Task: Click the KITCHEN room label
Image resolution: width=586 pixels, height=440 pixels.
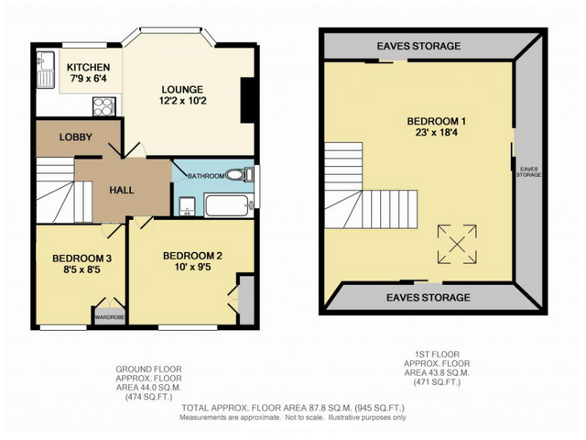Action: pyautogui.click(x=89, y=68)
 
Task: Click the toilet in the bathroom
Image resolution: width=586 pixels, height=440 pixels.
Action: pyautogui.click(x=235, y=174)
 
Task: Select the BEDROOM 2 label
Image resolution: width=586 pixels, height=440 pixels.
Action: pyautogui.click(x=192, y=256)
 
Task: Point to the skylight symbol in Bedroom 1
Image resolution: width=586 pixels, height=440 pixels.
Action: pyautogui.click(x=455, y=243)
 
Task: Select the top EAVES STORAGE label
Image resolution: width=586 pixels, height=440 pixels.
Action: pyautogui.click(x=422, y=45)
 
